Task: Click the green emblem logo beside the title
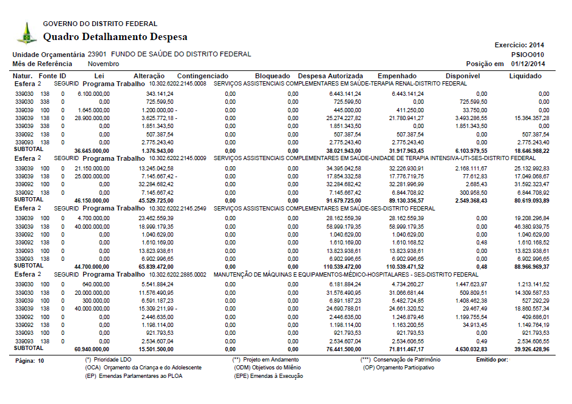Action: tap(26, 33)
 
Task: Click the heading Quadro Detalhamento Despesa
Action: tap(115, 37)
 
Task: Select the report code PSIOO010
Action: tap(528, 54)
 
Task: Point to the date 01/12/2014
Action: tap(528, 64)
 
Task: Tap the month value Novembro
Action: tap(103, 64)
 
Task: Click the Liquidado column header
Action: tap(525, 76)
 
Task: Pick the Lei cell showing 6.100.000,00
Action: tap(94, 94)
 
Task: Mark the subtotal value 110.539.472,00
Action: tap(338, 266)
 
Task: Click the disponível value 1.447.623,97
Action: tap(470, 284)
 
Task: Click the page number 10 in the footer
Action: tap(41, 360)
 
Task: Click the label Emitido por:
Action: tap(493, 360)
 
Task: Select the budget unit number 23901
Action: tap(97, 54)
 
